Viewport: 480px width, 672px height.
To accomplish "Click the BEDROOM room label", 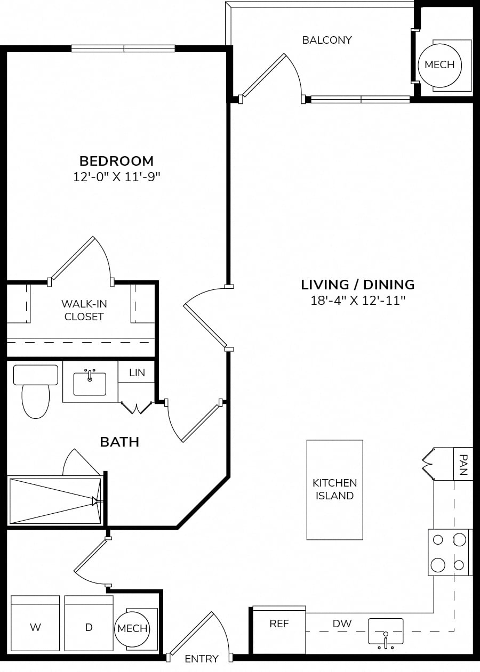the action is [x=116, y=161].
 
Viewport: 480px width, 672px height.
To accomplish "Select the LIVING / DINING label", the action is [x=358, y=285].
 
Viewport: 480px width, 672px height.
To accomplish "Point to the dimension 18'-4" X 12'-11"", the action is [x=358, y=301].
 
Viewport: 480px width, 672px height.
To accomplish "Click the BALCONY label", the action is [x=327, y=40].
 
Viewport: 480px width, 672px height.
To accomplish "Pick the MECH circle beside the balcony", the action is [x=440, y=65].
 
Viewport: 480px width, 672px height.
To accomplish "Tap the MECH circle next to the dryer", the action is [x=132, y=628].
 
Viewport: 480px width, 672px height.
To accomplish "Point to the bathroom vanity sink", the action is [x=90, y=383].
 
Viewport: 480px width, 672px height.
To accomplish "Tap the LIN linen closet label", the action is [x=137, y=373].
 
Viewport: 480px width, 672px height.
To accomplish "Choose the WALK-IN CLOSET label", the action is [x=84, y=310].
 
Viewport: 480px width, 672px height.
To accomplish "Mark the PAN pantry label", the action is [x=463, y=465].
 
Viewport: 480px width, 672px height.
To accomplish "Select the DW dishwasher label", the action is [x=342, y=624].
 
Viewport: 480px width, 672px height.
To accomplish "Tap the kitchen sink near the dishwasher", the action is [x=386, y=627].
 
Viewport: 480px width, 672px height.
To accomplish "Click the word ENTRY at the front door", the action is [x=202, y=659].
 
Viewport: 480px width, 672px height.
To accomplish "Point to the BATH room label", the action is [x=119, y=442].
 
